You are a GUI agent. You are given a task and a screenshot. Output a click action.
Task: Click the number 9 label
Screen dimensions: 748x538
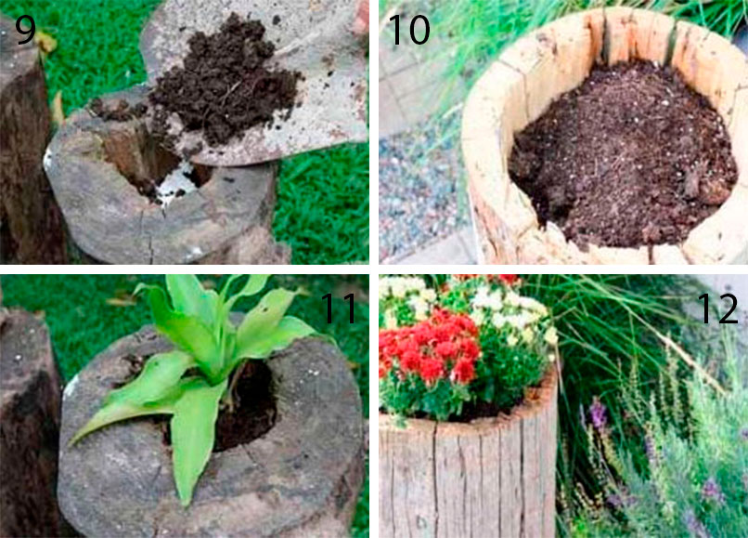point(25,30)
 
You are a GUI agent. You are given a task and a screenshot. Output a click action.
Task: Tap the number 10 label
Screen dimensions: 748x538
point(409,30)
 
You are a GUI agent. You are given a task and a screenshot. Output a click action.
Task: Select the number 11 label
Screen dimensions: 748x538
point(339,308)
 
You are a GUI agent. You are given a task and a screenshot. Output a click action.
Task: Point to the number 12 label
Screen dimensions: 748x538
point(717,308)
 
